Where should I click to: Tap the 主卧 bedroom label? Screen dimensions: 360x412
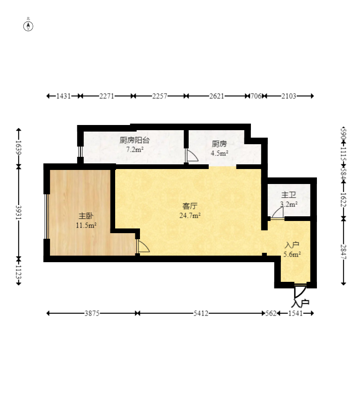(x=86, y=216)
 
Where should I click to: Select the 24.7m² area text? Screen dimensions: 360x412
(x=190, y=216)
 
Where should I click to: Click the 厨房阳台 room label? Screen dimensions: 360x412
(x=134, y=140)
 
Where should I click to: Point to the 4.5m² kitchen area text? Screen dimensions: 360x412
(x=220, y=153)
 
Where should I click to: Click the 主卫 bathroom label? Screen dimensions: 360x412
(x=288, y=195)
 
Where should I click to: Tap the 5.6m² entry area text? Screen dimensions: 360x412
(x=292, y=254)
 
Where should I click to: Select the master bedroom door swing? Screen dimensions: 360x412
(x=143, y=246)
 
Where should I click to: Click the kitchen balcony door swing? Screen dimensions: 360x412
(x=191, y=155)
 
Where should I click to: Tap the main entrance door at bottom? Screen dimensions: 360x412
(x=300, y=291)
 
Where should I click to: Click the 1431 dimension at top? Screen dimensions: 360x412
(x=63, y=96)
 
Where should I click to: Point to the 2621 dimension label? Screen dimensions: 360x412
(x=217, y=96)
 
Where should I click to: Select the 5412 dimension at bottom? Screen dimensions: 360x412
(x=201, y=313)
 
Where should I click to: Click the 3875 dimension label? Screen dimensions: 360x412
(x=92, y=313)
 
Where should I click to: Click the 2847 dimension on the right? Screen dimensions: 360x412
(x=344, y=252)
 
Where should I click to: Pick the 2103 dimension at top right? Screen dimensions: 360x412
(x=289, y=96)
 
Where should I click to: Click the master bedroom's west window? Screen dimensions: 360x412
(x=46, y=216)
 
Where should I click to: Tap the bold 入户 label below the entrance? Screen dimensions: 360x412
(x=300, y=303)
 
